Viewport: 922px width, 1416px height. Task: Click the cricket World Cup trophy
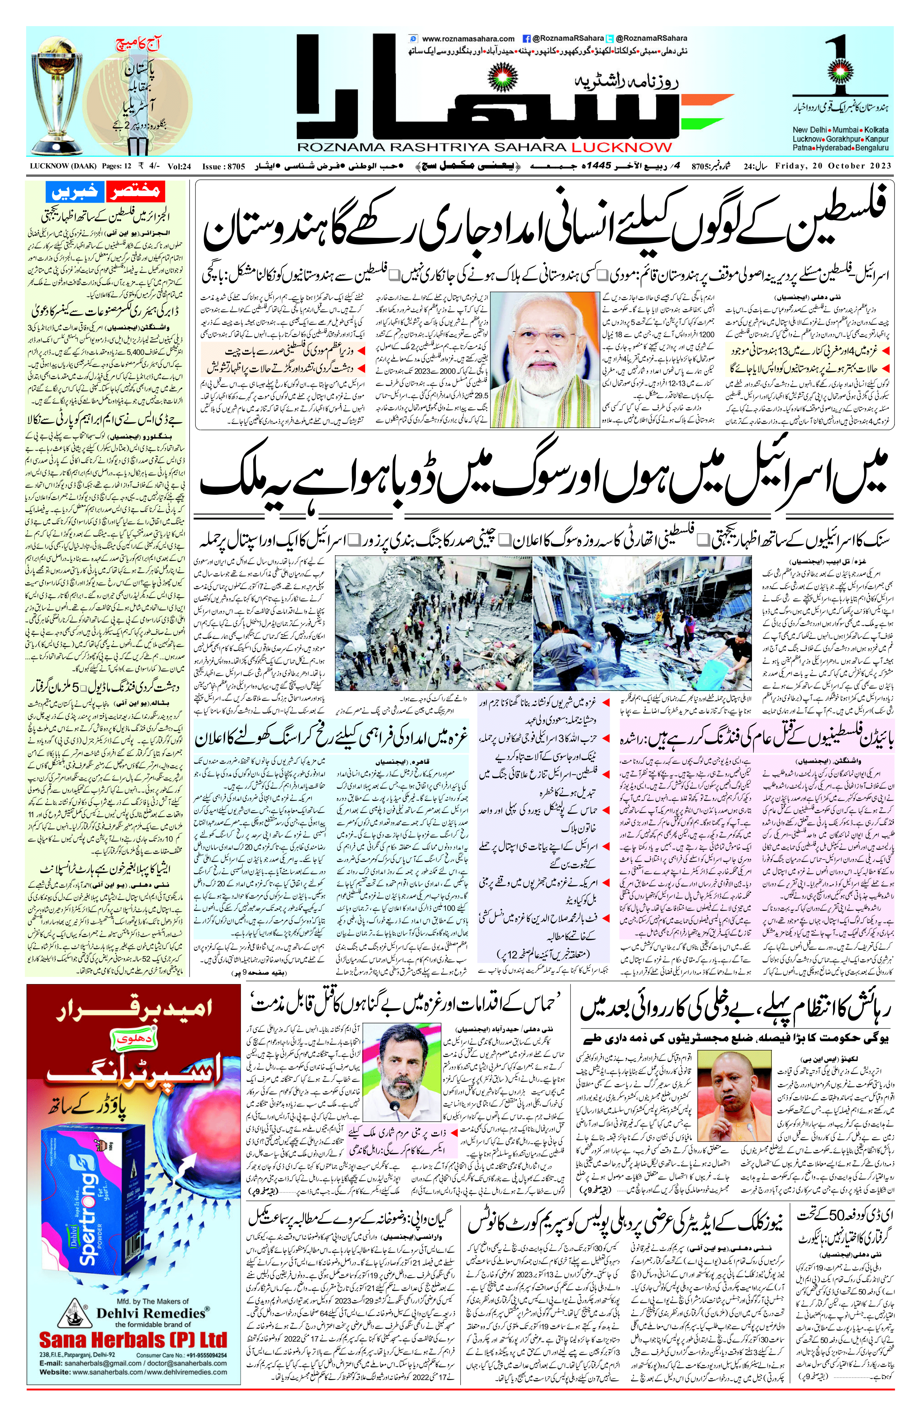tap(59, 95)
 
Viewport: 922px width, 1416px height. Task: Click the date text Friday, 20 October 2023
tap(833, 166)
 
